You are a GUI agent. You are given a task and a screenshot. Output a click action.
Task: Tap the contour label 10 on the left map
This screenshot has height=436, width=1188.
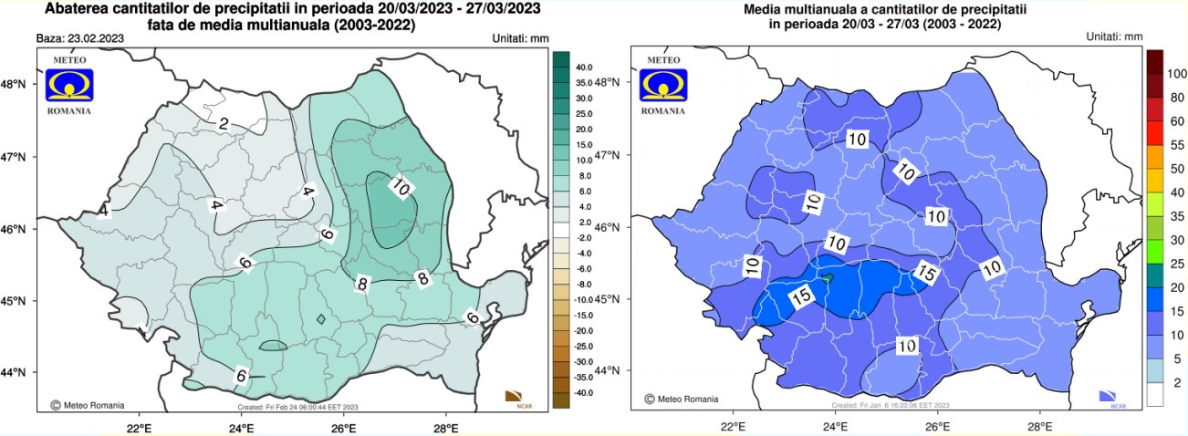click(400, 187)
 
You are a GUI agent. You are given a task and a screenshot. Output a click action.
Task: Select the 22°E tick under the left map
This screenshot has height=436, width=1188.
click(139, 426)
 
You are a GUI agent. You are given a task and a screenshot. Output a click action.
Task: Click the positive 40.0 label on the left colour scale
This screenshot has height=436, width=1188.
click(584, 67)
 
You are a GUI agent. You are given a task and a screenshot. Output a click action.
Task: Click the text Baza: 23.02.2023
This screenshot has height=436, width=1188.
click(79, 39)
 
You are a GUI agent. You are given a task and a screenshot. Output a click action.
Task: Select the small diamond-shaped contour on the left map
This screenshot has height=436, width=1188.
click(321, 319)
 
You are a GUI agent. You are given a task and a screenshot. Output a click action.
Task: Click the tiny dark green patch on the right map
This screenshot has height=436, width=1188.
click(828, 277)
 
